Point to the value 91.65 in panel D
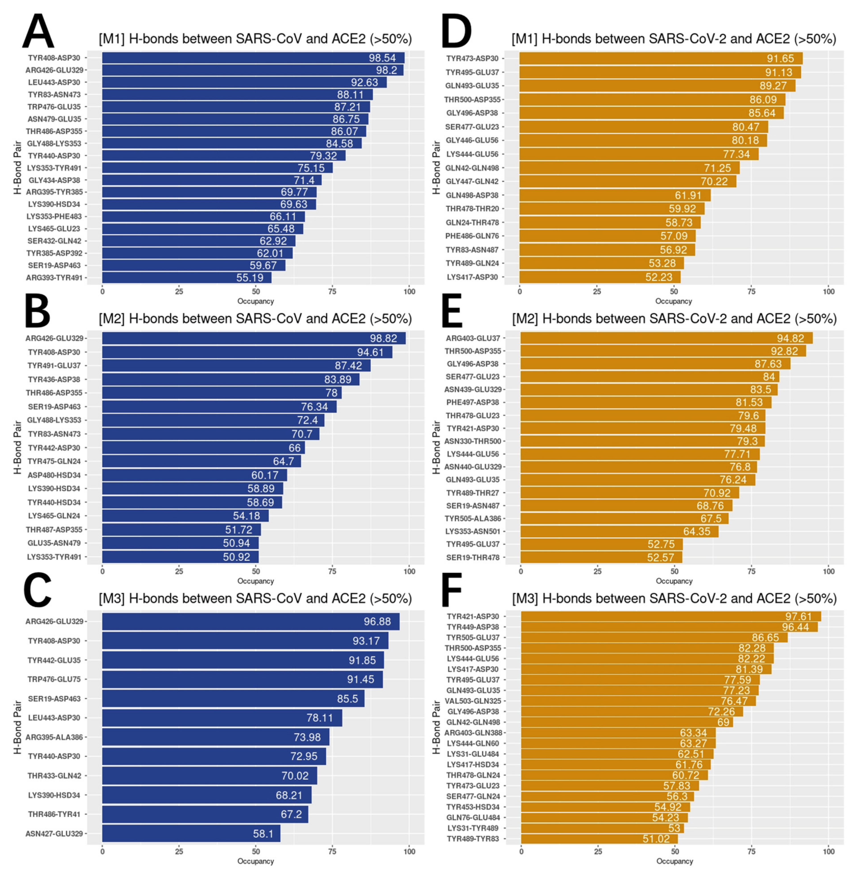tap(781, 58)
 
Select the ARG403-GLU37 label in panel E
tap(472, 338)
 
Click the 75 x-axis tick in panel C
tap(332, 851)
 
